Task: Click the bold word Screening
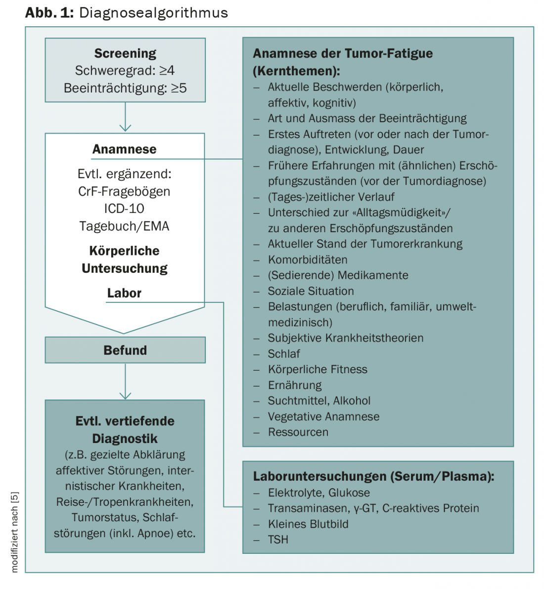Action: click(125, 54)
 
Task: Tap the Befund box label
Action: click(125, 350)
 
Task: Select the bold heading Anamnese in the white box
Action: click(124, 149)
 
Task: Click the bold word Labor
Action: click(124, 293)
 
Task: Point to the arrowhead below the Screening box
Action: click(125, 128)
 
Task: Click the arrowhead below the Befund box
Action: click(125, 395)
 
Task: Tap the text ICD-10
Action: click(124, 208)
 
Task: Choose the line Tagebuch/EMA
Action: click(124, 226)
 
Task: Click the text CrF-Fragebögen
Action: click(124, 192)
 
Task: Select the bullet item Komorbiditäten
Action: click(308, 259)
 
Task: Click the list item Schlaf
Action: click(284, 353)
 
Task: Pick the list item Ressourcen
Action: click(298, 432)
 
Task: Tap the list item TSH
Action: click(278, 540)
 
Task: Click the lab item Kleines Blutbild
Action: click(308, 524)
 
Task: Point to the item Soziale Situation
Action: click(311, 291)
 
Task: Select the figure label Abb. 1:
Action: click(49, 13)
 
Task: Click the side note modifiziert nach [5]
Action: click(15, 532)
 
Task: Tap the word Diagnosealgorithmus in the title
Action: click(153, 13)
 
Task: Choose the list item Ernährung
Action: click(295, 385)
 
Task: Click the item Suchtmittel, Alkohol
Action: click(319, 401)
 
